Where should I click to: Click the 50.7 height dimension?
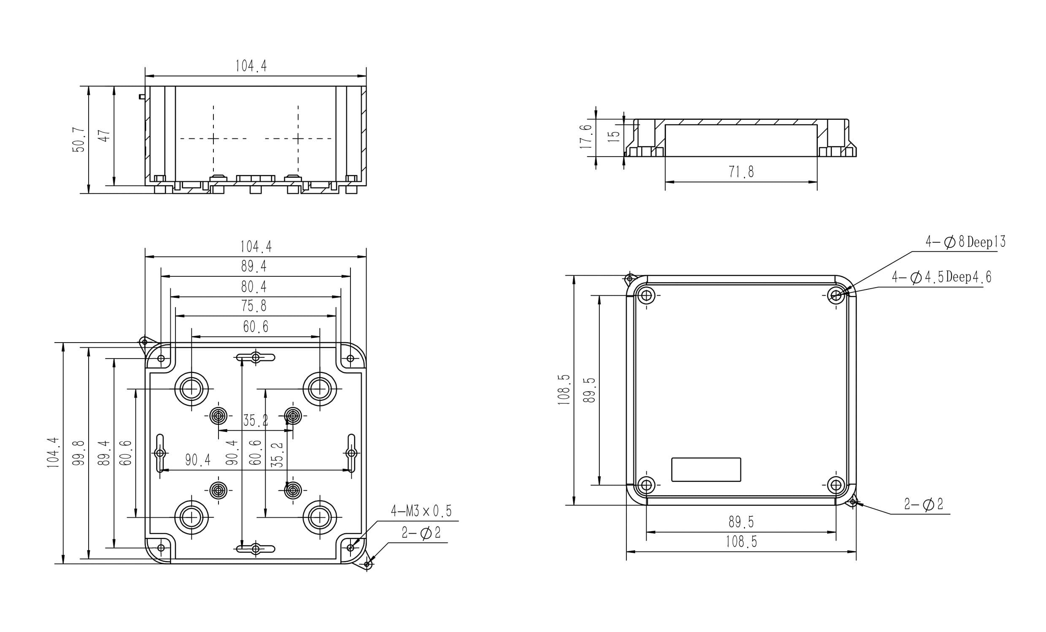[79, 140]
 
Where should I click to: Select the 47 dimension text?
[105, 135]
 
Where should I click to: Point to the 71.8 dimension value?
[741, 172]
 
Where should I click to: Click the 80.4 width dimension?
[254, 287]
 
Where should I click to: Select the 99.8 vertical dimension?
[79, 453]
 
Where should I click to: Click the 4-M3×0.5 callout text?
[421, 511]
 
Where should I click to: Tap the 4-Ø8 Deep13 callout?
[965, 242]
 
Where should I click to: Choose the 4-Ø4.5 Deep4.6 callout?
[941, 277]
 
